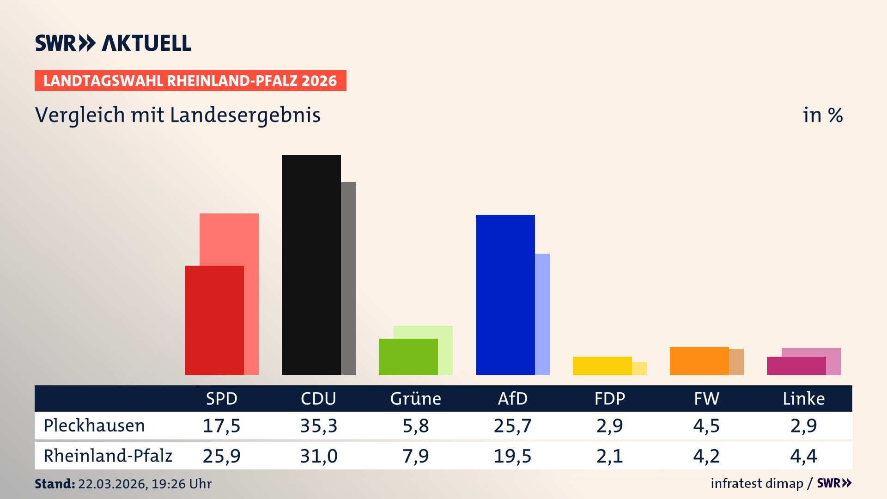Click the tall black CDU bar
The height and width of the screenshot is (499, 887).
(x=311, y=265)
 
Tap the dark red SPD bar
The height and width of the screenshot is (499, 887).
(x=214, y=320)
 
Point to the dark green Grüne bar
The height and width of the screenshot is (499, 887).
(x=408, y=357)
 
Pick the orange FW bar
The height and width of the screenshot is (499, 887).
(x=699, y=361)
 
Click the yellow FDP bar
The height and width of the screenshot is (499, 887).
(x=602, y=365)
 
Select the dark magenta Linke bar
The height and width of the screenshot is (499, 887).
(x=796, y=366)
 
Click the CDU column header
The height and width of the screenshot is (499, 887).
(x=318, y=398)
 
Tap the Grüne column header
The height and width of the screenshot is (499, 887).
(x=415, y=398)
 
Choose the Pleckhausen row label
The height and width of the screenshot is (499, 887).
(x=94, y=426)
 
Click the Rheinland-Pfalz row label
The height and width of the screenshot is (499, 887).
(x=108, y=456)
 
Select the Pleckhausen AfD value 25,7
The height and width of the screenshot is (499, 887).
(x=512, y=426)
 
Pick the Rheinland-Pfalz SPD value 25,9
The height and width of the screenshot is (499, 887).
(x=221, y=456)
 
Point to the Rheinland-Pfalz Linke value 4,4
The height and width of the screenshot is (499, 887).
(x=803, y=456)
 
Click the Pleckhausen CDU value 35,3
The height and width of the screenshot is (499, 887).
(x=318, y=426)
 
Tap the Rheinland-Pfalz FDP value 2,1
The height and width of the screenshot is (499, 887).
(x=609, y=456)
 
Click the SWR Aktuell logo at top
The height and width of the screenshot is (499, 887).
(x=113, y=43)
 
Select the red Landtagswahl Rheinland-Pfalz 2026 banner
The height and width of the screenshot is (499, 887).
(x=190, y=81)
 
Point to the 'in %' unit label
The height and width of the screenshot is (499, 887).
(x=822, y=115)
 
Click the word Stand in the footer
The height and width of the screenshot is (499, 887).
(x=54, y=484)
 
